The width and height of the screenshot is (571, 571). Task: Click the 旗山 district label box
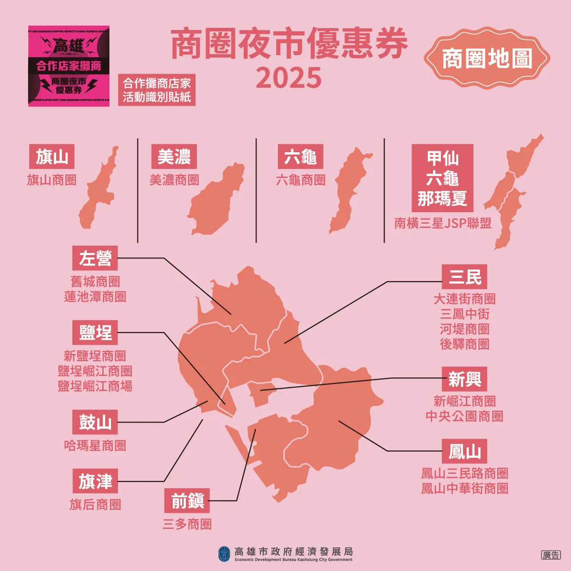[x=52, y=157]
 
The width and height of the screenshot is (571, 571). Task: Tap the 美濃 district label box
[x=174, y=157]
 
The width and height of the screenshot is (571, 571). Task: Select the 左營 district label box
[x=95, y=258]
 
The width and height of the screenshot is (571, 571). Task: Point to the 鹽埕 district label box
[x=95, y=333]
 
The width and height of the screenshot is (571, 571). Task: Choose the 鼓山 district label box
[x=95, y=422]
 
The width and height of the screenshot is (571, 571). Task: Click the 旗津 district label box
[x=95, y=481]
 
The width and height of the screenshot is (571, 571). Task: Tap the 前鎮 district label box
[x=187, y=501]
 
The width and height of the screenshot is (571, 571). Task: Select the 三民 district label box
[x=464, y=277]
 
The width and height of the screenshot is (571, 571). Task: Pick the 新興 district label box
[x=464, y=379]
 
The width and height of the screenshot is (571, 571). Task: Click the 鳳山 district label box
[x=464, y=451]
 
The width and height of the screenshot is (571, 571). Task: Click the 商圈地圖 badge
[x=487, y=59]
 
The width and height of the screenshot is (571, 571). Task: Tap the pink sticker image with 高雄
[x=69, y=66]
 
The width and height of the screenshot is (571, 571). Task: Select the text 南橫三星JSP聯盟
[x=443, y=223]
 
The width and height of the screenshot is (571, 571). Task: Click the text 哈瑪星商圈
[x=95, y=445]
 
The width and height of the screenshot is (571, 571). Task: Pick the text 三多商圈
[x=187, y=524]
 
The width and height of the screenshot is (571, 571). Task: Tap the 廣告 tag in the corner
[x=551, y=555]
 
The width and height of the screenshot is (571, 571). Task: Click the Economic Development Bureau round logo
[x=224, y=553]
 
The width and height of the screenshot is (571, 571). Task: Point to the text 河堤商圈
[x=464, y=329]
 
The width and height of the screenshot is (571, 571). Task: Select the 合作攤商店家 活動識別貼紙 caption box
[x=157, y=90]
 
